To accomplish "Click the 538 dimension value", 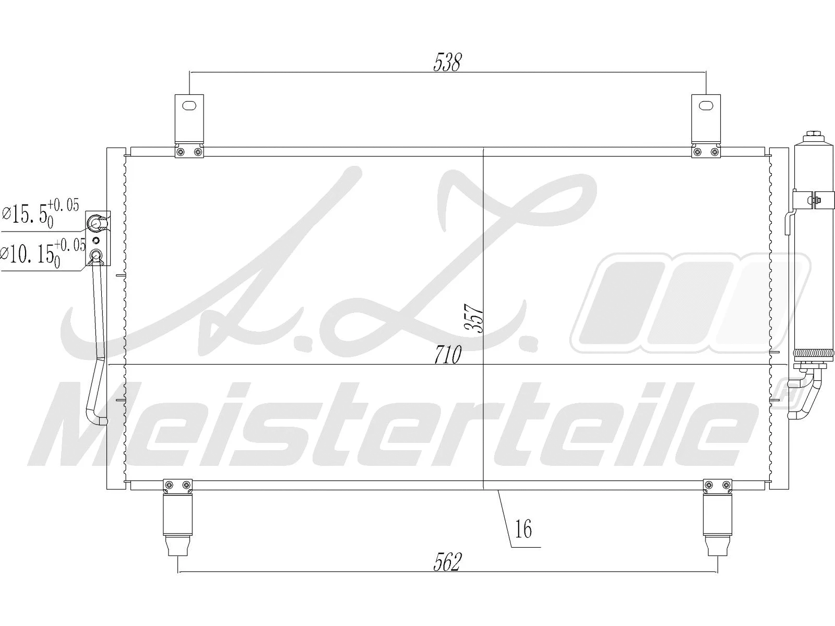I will tap(448, 62).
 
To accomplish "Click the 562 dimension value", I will tap(448, 562).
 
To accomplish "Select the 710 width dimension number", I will tap(447, 355).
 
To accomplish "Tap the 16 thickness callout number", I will tap(523, 529).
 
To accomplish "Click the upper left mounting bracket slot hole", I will tap(188, 106).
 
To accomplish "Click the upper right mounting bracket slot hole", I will tap(705, 105).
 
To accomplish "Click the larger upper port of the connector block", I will tap(97, 224).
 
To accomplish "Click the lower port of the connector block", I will tap(97, 255).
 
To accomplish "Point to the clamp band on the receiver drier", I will tap(809, 199).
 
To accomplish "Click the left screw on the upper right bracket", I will tap(698, 152).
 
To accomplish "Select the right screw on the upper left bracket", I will tap(197, 152).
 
